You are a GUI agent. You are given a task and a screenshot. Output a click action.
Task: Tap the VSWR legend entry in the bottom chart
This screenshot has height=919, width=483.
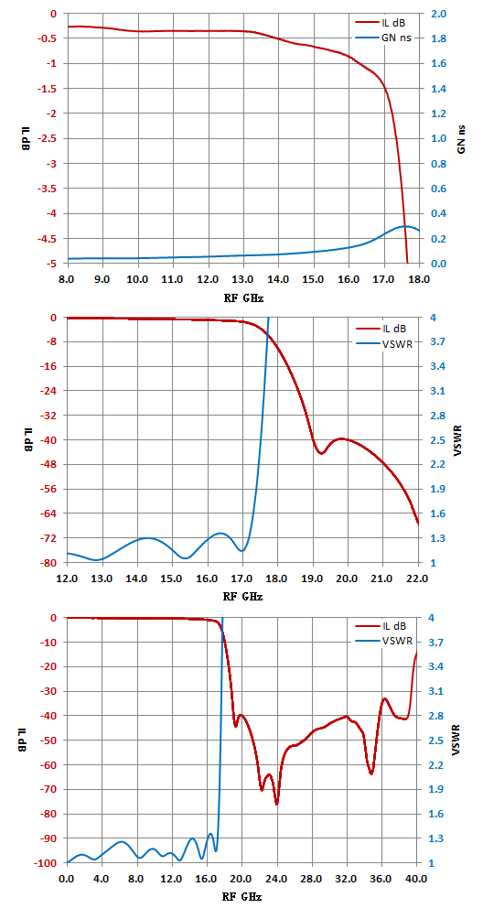[384, 641]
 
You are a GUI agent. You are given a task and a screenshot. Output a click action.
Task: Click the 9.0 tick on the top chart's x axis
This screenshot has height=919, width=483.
[103, 279]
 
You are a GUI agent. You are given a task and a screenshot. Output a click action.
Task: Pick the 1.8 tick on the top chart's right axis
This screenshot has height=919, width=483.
[438, 38]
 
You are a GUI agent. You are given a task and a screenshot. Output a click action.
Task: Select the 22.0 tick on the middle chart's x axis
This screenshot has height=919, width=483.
[418, 579]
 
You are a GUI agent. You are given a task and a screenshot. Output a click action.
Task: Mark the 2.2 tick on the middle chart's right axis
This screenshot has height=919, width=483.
[438, 464]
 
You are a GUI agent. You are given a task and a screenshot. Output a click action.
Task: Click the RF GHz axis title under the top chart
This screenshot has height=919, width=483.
[242, 298]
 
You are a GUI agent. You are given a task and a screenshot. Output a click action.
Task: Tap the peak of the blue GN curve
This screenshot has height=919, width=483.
[404, 226]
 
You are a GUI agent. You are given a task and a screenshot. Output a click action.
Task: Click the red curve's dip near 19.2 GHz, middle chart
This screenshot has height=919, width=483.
[321, 453]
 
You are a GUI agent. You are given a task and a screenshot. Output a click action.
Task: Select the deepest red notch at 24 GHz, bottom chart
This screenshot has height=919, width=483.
[276, 804]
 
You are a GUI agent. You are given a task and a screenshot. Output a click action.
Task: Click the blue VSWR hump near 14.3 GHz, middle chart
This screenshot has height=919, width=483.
[147, 537]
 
